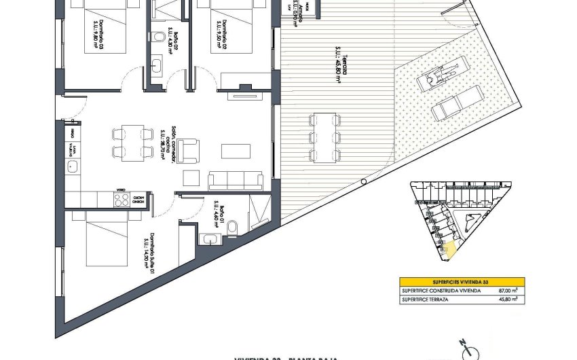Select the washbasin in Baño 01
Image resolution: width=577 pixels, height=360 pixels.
click(x=210, y=238)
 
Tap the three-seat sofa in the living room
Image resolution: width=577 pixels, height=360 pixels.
click(x=236, y=181)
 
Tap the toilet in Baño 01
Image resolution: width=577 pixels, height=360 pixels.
click(x=231, y=226)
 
